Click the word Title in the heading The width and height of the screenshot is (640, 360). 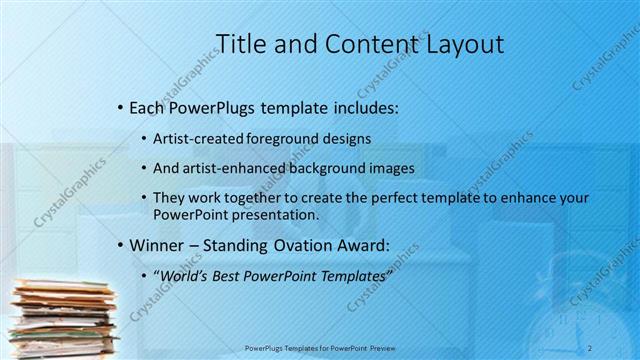point(240,43)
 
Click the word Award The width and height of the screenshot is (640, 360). point(382,245)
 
